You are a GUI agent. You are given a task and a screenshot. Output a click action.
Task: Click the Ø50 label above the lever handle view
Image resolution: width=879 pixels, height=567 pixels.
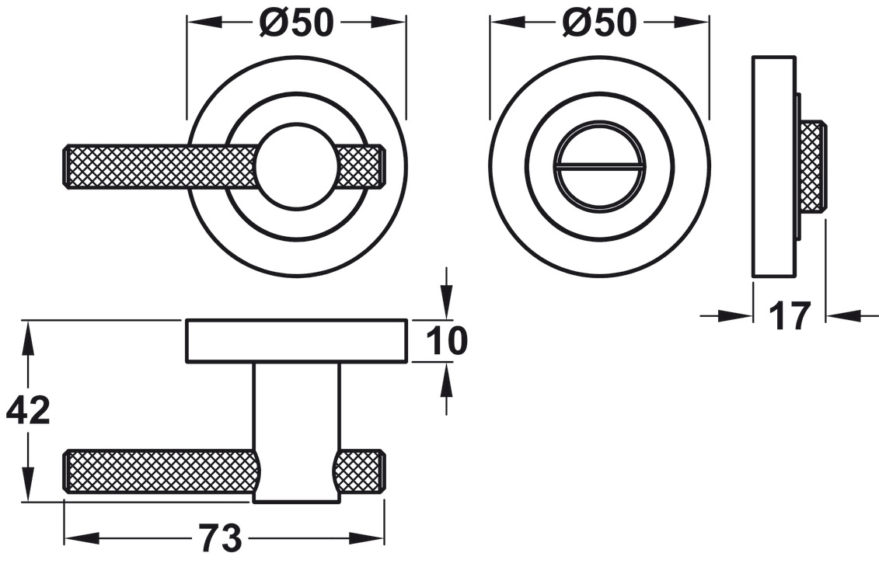[295, 24]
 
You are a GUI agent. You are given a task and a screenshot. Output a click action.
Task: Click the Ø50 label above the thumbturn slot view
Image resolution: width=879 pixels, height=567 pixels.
[599, 24]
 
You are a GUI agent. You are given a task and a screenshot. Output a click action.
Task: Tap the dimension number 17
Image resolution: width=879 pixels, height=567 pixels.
[790, 316]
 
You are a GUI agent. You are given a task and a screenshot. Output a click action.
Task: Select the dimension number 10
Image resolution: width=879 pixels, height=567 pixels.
[447, 341]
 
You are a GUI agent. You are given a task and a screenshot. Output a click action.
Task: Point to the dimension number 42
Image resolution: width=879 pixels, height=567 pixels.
[28, 410]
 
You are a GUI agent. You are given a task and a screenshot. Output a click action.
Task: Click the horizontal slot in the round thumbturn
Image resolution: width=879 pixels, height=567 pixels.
[598, 165]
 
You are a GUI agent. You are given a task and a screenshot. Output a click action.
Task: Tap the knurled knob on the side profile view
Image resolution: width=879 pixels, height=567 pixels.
[813, 166]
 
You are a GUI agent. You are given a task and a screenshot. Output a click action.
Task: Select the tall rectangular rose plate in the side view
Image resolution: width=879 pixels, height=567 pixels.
[774, 166]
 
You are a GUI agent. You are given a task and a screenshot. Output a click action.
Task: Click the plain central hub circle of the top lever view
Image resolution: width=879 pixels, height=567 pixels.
[296, 166]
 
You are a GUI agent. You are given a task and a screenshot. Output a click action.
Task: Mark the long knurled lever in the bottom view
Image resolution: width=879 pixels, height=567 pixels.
[159, 471]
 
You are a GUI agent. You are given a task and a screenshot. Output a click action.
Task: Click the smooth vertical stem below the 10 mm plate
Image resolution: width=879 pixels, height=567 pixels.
[296, 431]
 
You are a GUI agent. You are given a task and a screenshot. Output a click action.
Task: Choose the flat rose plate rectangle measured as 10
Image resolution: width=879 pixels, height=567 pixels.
[296, 341]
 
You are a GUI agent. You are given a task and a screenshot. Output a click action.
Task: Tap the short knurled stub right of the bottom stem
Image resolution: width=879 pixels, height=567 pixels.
[360, 471]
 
